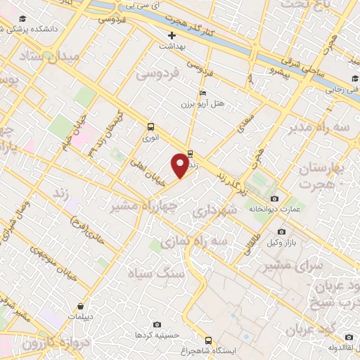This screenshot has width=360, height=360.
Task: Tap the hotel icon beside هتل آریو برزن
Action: pos(203,93)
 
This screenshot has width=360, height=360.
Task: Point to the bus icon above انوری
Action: pos(150,127)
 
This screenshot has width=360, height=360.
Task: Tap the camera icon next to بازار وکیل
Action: pos(281,232)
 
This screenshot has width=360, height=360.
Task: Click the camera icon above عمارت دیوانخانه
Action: pos(284,199)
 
